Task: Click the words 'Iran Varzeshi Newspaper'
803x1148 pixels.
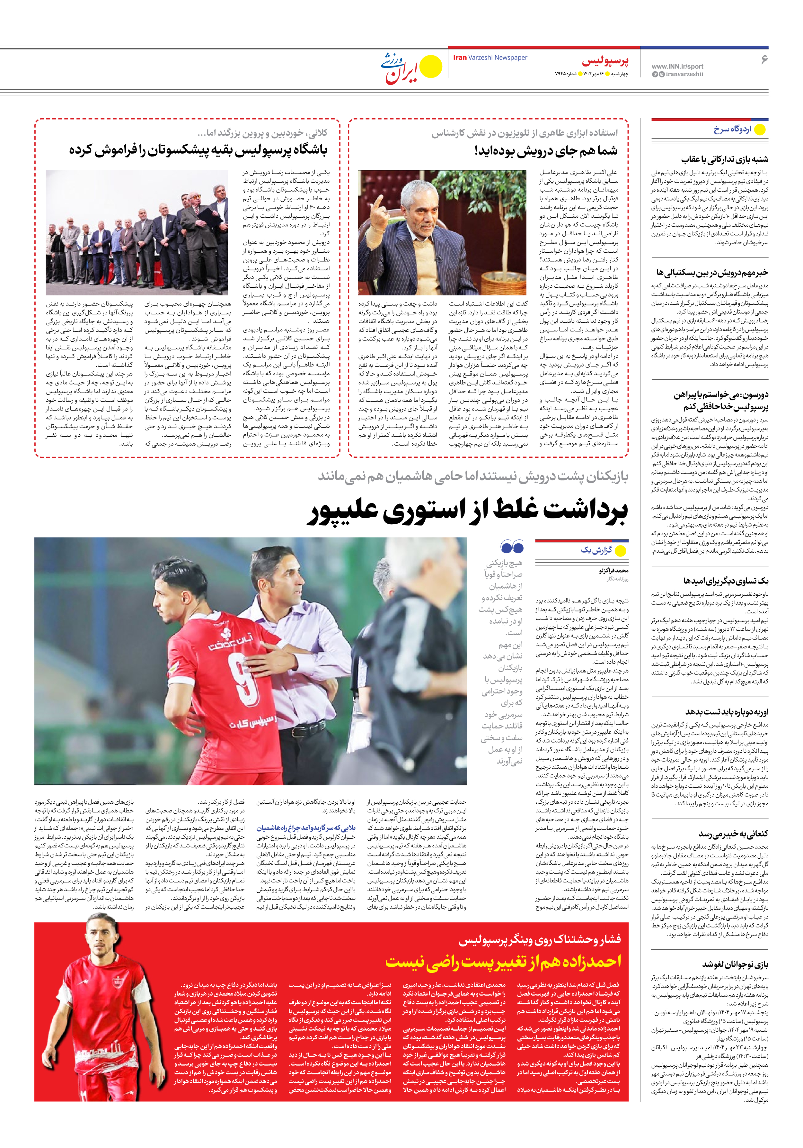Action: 490,58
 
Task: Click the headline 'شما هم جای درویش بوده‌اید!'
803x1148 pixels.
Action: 546,150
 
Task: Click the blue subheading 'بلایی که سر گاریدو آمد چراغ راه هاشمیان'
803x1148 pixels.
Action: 306,827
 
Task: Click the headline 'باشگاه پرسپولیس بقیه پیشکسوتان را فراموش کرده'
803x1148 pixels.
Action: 199,150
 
